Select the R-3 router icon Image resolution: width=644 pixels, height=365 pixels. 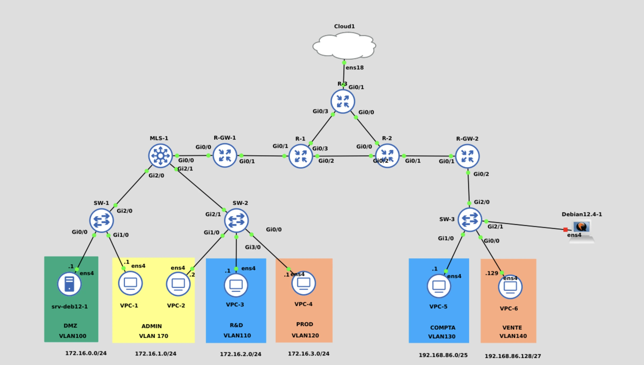tap(343, 101)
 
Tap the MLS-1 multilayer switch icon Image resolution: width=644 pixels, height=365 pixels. tap(160, 156)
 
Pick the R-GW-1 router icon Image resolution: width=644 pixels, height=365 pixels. tap(225, 156)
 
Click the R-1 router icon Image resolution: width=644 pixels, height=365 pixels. tap(301, 156)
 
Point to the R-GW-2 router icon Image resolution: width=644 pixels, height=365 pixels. tap(467, 156)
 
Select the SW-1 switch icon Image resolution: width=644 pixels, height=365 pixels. tap(101, 220)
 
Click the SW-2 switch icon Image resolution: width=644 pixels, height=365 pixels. tap(236, 220)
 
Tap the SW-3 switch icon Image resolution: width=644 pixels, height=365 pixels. tap(470, 220)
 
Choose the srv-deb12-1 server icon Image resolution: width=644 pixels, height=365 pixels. tap(69, 284)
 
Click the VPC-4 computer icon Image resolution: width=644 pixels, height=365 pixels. tap(304, 283)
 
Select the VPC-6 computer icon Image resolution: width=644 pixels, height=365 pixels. tap(510, 287)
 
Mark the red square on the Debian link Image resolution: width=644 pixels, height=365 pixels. tap(565, 230)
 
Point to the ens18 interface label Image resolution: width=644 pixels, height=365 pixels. tap(354, 68)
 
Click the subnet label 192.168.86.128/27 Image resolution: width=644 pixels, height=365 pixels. tap(513, 356)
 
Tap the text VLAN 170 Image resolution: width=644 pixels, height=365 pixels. tap(154, 336)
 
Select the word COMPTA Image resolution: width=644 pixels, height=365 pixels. tap(443, 328)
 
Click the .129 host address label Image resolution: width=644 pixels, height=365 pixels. tap(492, 273)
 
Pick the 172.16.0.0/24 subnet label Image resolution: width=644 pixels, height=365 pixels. tap(86, 353)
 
